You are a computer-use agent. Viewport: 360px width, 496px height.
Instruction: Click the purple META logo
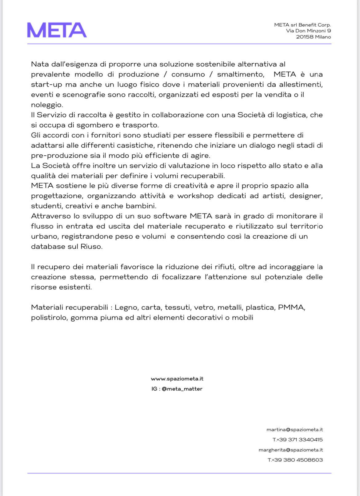(57, 30)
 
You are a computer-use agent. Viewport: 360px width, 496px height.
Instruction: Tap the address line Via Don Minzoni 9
(308, 31)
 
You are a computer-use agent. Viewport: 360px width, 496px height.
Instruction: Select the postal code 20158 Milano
(313, 37)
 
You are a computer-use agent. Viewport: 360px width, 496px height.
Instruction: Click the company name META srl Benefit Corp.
(302, 25)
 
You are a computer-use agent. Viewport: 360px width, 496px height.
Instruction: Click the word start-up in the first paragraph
(46, 85)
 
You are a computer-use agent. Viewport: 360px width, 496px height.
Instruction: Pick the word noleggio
(47, 105)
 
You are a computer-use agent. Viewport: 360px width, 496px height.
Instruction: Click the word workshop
(195, 196)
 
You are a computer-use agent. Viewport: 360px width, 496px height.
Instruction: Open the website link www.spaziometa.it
(177, 379)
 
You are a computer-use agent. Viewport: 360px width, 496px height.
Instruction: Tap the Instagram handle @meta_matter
(182, 389)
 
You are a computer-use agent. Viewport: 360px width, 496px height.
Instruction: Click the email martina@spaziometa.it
(294, 430)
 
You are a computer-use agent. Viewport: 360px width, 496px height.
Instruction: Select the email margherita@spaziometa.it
(290, 450)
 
